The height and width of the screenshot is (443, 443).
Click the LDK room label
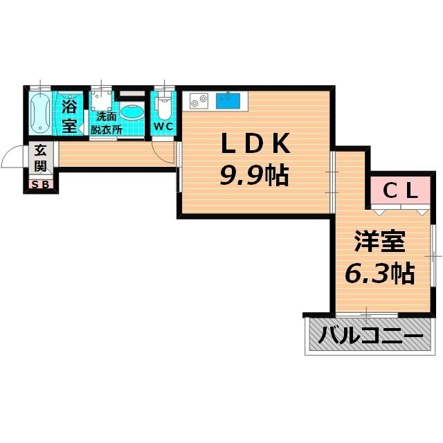click(253, 145)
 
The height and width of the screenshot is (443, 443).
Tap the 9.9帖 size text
click(253, 177)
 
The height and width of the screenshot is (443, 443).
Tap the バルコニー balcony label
click(370, 338)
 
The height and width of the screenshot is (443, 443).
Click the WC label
click(163, 127)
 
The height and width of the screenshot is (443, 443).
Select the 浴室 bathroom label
click(69, 116)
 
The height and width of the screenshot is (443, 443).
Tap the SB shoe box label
click(40, 184)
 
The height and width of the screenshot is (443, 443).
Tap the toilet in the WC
click(164, 107)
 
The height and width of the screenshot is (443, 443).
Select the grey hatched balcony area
click(370, 338)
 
